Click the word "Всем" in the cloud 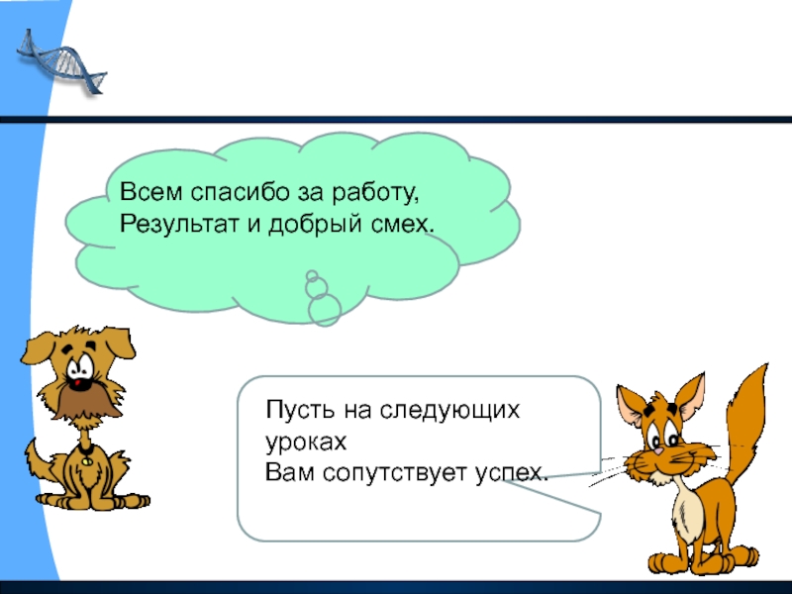[143, 191]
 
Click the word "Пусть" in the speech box [293, 410]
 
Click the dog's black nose [78, 379]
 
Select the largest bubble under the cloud [324, 310]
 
